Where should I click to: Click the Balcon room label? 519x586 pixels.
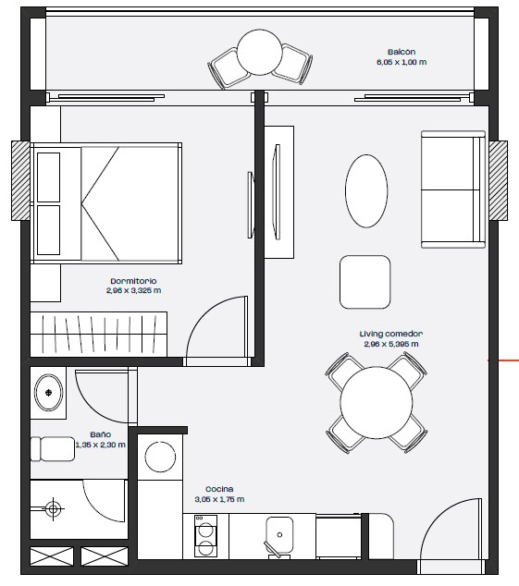click(402, 52)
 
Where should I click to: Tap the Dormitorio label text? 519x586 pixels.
click(133, 281)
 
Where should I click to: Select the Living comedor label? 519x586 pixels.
click(391, 334)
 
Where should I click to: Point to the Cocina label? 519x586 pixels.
click(219, 489)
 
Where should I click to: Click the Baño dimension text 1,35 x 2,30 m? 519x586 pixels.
click(100, 445)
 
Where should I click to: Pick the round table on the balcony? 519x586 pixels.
click(259, 52)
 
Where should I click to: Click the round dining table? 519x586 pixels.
click(376, 402)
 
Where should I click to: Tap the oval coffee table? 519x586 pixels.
click(366, 191)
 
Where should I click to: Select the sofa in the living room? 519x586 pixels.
click(453, 189)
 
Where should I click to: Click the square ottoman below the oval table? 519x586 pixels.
click(365, 282)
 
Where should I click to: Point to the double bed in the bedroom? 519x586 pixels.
click(106, 203)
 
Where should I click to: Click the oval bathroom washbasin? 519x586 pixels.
click(49, 393)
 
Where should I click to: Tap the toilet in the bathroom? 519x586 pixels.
click(53, 449)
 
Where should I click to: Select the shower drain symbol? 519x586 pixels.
click(53, 508)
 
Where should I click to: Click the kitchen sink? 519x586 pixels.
click(279, 535)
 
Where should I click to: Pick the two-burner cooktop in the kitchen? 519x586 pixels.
click(205, 535)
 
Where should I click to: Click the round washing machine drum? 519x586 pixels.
click(160, 458)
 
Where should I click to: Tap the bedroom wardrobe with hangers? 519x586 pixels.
click(98, 334)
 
